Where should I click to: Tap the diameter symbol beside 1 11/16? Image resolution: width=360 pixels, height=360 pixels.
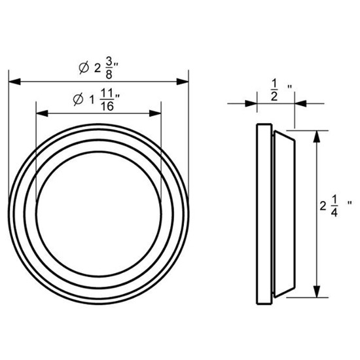pos(77,101)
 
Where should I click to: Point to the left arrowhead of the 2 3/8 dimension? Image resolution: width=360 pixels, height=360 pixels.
pos(13,81)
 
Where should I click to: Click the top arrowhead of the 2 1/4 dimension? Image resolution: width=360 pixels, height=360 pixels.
pos(316,135)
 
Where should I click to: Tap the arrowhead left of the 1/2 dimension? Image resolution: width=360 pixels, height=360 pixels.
pos(250,103)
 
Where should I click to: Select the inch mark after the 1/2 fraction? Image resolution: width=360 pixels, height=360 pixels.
pos(288,85)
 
